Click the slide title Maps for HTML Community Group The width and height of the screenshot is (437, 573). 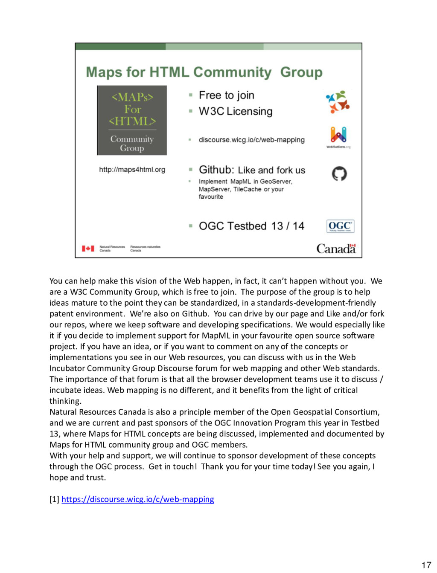pos(204,72)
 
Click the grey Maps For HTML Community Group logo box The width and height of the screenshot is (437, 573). pos(132,121)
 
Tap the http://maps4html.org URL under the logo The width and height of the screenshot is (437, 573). pos(132,170)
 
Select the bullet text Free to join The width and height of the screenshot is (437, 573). pos(226,95)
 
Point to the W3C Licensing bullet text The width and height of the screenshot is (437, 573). pos(235,111)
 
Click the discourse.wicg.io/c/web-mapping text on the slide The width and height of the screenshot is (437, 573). pos(251,140)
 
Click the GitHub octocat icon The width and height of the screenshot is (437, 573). pos(339,174)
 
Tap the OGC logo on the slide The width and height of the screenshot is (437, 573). pos(340,226)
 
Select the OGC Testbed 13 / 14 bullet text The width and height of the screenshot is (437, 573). pos(251,226)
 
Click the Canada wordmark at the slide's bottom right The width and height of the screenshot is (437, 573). pos(336,249)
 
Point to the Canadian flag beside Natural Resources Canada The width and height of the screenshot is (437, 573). pos(88,249)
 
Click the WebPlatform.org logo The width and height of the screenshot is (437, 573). pos(338,137)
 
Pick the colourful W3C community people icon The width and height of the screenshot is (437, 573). pos(338,101)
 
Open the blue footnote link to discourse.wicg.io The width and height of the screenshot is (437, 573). pos(138,499)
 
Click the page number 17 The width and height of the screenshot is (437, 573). pos(426,565)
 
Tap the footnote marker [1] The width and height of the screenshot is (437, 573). pos(54,499)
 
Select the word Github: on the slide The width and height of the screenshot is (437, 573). pos(216,170)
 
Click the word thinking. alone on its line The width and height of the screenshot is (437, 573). pos(65,401)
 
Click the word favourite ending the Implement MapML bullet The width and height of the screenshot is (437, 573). pos(211,197)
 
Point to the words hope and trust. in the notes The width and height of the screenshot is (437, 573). pos(78,477)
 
